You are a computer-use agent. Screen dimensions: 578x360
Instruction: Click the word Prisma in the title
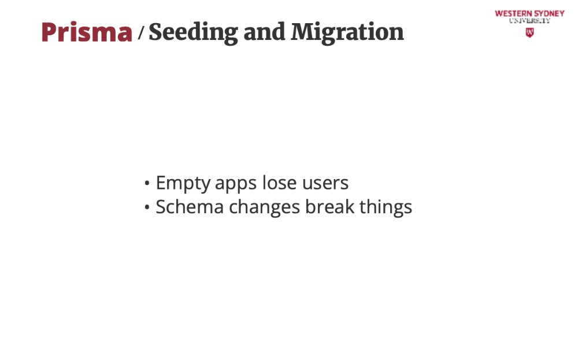(87, 32)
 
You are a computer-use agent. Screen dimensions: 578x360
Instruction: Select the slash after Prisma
(141, 32)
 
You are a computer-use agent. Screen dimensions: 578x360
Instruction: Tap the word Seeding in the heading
(193, 33)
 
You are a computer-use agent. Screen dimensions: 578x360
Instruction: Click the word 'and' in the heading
(264, 32)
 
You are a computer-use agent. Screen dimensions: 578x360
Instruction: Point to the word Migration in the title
(347, 33)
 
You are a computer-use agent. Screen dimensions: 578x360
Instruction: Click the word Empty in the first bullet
(183, 184)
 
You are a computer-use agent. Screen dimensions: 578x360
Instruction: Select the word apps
(236, 184)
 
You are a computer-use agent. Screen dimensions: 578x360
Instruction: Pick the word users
(325, 184)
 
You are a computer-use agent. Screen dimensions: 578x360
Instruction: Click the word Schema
(190, 206)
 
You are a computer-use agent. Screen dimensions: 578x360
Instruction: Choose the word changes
(264, 207)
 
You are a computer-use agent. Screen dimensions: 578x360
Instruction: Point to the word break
(330, 206)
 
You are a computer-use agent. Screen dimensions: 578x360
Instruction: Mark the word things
(386, 207)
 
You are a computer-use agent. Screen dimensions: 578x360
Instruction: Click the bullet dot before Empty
(147, 183)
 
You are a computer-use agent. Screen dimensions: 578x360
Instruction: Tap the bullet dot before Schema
(147, 207)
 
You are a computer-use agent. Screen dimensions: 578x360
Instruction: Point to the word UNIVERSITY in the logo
(529, 21)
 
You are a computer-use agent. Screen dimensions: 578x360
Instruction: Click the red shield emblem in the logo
(529, 33)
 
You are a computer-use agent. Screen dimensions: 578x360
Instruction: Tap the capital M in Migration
(303, 32)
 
